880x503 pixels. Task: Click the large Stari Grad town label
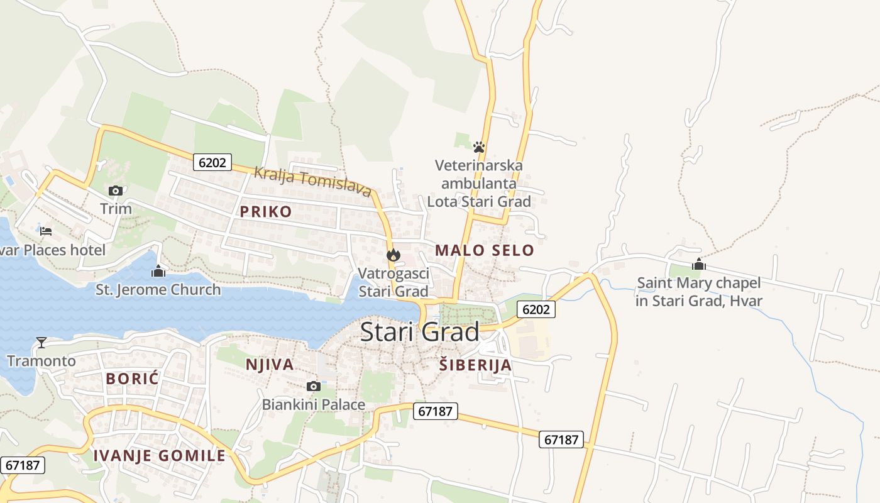pyautogui.click(x=420, y=331)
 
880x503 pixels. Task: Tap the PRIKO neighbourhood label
pyautogui.click(x=266, y=212)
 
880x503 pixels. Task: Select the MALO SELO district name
pyautogui.click(x=485, y=250)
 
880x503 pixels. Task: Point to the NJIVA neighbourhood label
pyautogui.click(x=270, y=365)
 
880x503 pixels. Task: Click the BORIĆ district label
pyautogui.click(x=133, y=379)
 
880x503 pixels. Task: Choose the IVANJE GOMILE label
pyautogui.click(x=159, y=456)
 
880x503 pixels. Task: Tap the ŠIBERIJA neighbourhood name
pyautogui.click(x=475, y=365)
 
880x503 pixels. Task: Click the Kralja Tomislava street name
pyautogui.click(x=312, y=181)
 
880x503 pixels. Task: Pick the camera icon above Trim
pyautogui.click(x=116, y=191)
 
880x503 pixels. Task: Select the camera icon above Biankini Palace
pyautogui.click(x=313, y=386)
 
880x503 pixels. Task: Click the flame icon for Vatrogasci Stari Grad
pyautogui.click(x=393, y=255)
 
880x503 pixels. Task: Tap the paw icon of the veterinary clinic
pyautogui.click(x=479, y=147)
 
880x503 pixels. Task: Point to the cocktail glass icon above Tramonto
pyautogui.click(x=41, y=343)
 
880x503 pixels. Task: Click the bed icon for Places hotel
pyautogui.click(x=46, y=231)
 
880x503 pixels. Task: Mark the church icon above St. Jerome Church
pyautogui.click(x=158, y=271)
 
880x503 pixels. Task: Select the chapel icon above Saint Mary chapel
pyautogui.click(x=698, y=264)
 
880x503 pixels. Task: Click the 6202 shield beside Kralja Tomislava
pyautogui.click(x=212, y=162)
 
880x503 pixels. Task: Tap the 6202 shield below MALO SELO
pyautogui.click(x=536, y=309)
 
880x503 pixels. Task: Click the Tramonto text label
pyautogui.click(x=41, y=361)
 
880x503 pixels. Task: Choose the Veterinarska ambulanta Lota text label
pyautogui.click(x=479, y=183)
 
